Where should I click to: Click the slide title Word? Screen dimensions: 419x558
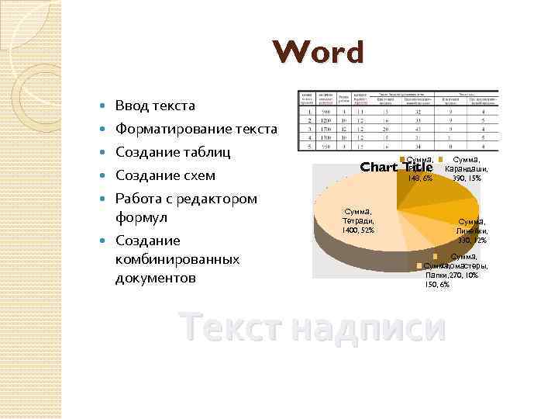pyautogui.click(x=319, y=53)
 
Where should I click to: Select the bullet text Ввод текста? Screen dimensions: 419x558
pyautogui.click(x=155, y=106)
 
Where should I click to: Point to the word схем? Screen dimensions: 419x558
pyautogui.click(x=201, y=175)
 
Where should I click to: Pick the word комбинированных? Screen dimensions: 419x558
pyautogui.click(x=177, y=258)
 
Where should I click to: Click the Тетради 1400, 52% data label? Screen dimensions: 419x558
pyautogui.click(x=360, y=220)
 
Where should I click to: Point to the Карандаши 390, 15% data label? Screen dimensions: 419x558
pyautogui.click(x=467, y=168)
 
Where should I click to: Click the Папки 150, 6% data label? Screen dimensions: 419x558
pyautogui.click(x=437, y=280)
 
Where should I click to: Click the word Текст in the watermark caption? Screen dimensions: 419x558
pyautogui.click(x=224, y=327)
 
